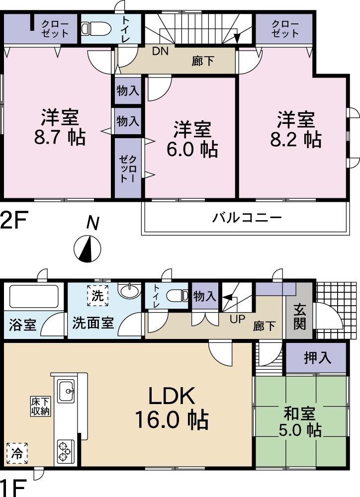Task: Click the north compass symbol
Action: (x=88, y=248)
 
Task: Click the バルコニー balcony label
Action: (x=247, y=218)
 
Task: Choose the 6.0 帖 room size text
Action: (x=192, y=149)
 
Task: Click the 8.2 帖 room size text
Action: (x=295, y=139)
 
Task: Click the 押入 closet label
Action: (x=317, y=358)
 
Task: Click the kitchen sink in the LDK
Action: (x=66, y=392)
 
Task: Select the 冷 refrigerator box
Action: (x=17, y=453)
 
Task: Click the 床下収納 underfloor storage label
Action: (x=39, y=407)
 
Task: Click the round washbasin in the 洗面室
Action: (x=129, y=290)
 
